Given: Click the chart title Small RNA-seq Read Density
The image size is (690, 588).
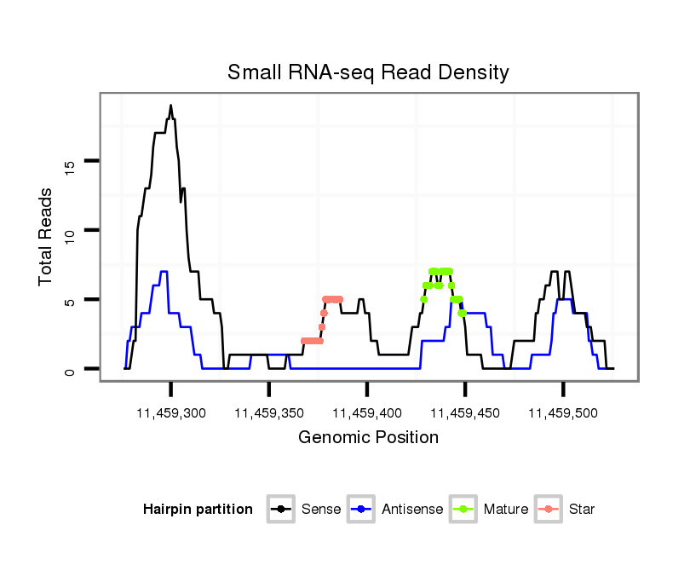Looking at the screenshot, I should (x=368, y=72).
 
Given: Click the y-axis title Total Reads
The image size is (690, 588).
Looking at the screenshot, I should (x=46, y=236).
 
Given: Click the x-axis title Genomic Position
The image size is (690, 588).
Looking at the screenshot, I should (x=368, y=438).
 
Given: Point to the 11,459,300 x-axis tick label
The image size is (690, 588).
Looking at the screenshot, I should (x=171, y=413).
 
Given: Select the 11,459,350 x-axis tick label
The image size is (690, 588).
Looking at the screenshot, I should (x=269, y=413).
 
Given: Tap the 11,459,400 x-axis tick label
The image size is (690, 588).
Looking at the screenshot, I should (x=367, y=413).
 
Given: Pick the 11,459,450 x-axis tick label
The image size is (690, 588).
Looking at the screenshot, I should (x=465, y=413).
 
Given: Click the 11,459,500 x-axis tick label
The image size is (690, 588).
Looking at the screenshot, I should (x=563, y=413).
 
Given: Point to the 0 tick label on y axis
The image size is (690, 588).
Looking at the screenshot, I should (x=72, y=370).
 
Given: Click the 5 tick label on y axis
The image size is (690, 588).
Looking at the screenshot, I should (x=72, y=300).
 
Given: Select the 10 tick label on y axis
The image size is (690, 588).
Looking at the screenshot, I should (x=72, y=230).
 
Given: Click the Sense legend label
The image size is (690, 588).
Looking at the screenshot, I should (x=321, y=510).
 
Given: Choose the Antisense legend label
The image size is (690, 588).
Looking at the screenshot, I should (x=412, y=510).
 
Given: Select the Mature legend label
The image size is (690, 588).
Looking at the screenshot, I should (x=505, y=510).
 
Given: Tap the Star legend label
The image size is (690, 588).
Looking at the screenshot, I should (x=582, y=510).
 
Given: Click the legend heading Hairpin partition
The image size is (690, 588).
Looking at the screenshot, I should (x=198, y=510).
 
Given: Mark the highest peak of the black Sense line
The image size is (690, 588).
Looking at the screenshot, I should (x=170, y=106).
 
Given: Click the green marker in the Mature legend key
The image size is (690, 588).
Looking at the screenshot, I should (x=463, y=510).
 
